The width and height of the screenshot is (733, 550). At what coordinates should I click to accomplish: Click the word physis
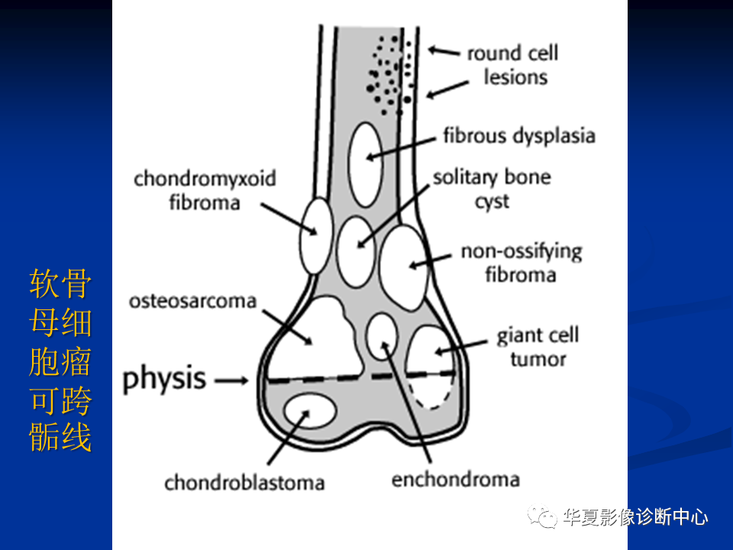point(163,379)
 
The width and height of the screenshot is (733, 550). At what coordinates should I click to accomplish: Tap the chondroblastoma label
point(244,483)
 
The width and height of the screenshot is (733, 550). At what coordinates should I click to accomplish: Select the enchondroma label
point(456,480)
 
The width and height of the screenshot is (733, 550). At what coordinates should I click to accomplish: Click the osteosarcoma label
point(192,301)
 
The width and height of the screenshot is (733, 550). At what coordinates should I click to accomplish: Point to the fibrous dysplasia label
point(519,136)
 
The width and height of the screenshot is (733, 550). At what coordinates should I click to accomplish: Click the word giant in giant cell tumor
point(520,336)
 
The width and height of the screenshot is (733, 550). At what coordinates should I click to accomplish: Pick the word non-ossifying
point(521,252)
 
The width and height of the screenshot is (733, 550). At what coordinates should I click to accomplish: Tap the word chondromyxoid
point(205,179)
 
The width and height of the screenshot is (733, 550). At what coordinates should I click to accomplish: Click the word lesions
point(515,77)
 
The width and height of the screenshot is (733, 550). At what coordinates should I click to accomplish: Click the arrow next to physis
point(231,380)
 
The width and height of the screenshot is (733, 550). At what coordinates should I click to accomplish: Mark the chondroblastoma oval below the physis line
point(311,411)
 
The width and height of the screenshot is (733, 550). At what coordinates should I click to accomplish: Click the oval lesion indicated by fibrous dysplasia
point(366,165)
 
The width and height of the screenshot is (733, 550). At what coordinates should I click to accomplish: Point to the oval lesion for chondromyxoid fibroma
point(316,236)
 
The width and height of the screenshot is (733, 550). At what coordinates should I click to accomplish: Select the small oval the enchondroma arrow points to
point(382,336)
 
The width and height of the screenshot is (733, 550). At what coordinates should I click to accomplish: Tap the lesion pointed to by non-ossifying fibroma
point(403,267)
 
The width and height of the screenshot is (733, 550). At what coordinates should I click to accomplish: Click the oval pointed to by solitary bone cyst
point(356,251)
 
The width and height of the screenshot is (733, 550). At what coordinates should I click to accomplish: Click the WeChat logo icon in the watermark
point(542,516)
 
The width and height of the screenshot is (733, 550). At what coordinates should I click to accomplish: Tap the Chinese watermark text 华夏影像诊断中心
point(636,517)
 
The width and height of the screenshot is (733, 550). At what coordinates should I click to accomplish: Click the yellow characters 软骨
point(60,283)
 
